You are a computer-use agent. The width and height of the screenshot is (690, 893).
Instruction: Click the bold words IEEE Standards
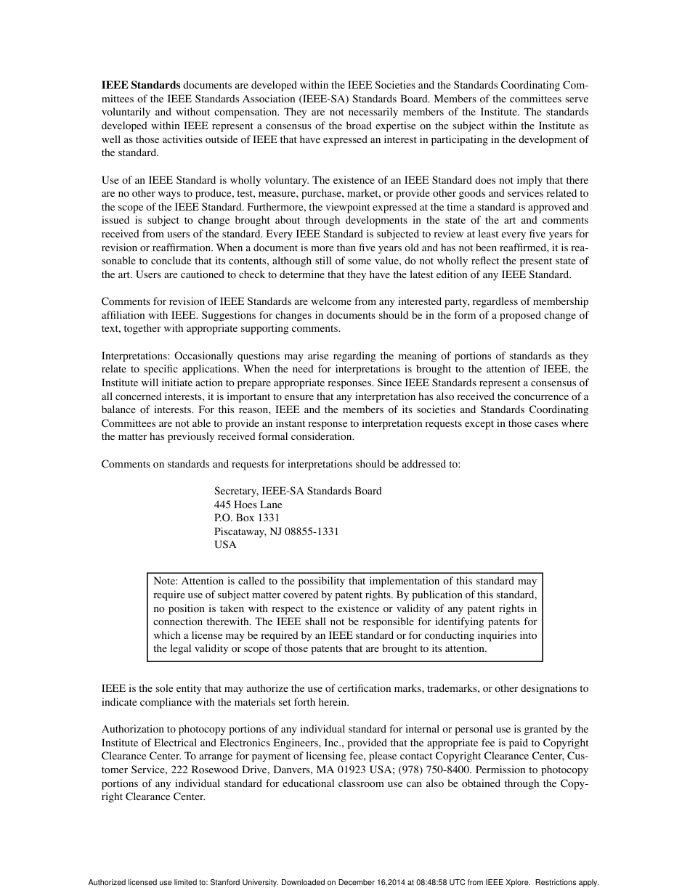pyautogui.click(x=140, y=85)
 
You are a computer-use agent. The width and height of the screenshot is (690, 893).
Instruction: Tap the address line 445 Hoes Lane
pyautogui.click(x=248, y=505)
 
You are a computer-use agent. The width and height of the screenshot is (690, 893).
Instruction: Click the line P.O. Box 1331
pyautogui.click(x=246, y=518)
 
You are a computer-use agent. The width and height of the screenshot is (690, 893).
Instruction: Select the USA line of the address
pyautogui.click(x=225, y=545)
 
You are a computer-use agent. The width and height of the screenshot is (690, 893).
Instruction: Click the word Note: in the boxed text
pyautogui.click(x=166, y=581)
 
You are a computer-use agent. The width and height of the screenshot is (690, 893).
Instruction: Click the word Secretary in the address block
pyautogui.click(x=236, y=491)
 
